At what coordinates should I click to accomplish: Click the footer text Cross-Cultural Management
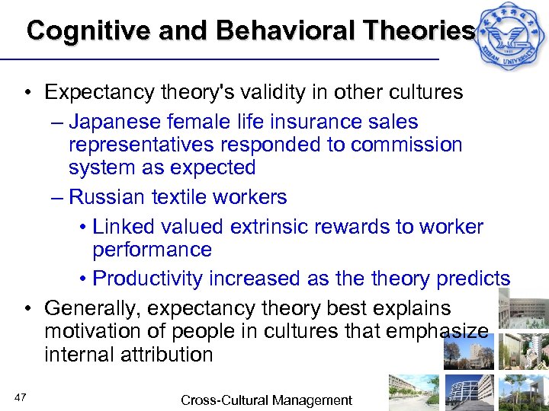pyautogui.click(x=266, y=400)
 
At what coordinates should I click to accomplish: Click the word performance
pyautogui.click(x=152, y=250)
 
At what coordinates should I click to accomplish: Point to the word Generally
pyautogui.click(x=95, y=308)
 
